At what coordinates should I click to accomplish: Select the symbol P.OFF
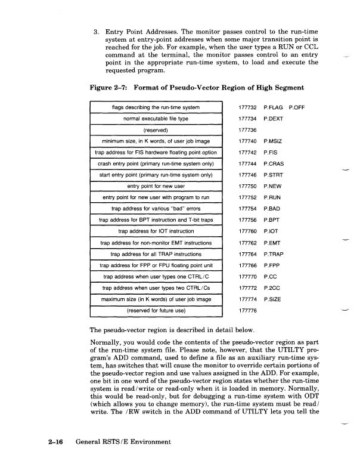(297, 107)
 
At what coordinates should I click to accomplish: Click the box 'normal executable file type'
(155, 119)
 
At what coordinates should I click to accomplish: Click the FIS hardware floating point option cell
(155, 153)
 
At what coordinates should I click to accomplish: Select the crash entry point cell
(155, 164)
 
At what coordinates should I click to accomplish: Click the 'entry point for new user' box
(155, 187)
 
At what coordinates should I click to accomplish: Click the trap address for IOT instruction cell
(155, 232)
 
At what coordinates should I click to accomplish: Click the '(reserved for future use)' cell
(155, 311)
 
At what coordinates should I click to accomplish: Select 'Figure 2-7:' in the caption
(108, 88)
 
